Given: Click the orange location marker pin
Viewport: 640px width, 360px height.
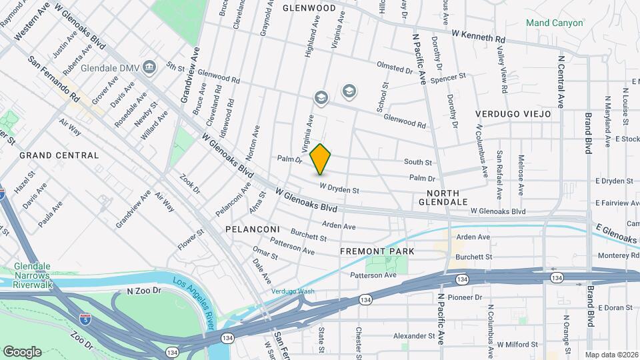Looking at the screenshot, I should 321,159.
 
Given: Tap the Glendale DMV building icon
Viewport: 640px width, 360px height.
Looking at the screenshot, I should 149,67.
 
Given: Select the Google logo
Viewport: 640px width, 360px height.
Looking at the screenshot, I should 23,351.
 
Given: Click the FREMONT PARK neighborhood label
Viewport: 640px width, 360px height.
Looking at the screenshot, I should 377,251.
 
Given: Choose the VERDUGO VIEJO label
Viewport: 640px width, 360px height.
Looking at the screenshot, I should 513,114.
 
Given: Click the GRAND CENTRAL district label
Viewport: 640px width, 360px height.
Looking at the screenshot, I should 59,155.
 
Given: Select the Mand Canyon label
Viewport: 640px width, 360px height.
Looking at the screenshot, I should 554,23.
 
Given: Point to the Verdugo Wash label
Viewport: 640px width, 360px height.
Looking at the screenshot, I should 292,291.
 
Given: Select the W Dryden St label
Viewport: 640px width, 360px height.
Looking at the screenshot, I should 339,189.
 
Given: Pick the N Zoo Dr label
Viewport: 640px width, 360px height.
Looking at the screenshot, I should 145,291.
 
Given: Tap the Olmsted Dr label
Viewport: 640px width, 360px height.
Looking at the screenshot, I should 395,68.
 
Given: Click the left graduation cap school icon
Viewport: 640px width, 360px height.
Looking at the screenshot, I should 321,99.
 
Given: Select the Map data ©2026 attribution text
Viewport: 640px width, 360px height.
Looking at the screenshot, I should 611,355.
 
